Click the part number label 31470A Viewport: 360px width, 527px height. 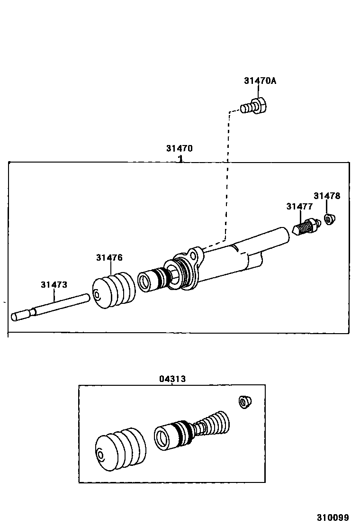tap(260, 81)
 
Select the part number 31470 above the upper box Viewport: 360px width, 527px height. tap(179, 148)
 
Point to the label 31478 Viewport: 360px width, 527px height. tap(327, 196)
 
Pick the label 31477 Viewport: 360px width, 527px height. tap(299, 206)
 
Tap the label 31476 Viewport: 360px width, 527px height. tap(109, 258)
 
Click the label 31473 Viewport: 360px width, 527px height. tap(54, 285)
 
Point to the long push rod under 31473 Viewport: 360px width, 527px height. tap(52, 307)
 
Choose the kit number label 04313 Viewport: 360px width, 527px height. tap(172, 379)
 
